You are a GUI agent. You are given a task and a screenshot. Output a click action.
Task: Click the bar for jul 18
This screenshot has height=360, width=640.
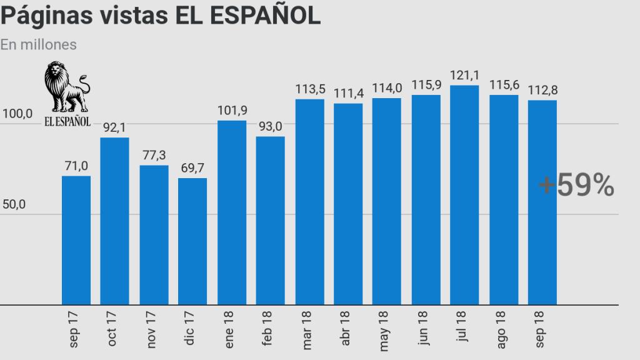coord(464,195)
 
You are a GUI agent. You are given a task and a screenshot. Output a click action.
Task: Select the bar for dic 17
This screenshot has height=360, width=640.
coord(192,241)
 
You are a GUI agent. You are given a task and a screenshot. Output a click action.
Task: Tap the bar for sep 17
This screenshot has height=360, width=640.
coord(76,241)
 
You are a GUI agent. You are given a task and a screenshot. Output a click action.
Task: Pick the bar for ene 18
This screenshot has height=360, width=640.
coord(231,212)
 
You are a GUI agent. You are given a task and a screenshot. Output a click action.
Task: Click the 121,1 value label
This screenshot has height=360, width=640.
coord(464,76)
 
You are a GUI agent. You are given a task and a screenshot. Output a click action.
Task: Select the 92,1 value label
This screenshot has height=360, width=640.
coord(115,128)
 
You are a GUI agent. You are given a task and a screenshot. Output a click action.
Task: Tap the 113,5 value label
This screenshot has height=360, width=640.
coord(310,89)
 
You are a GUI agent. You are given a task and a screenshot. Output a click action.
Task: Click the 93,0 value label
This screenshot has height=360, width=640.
coord(270,127)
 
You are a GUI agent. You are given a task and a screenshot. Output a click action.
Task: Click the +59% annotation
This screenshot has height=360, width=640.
coord(576,186)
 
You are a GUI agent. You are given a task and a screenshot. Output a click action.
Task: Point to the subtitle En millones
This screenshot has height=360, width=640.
coord(39,44)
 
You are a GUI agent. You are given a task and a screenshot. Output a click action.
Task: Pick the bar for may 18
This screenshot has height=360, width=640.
coord(386,201)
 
